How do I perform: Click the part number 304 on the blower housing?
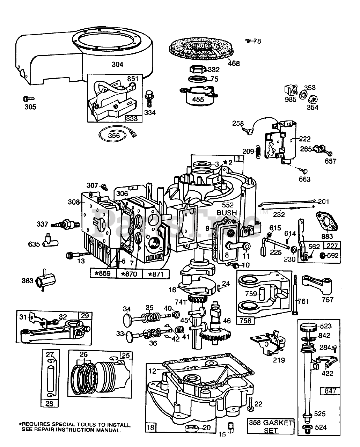coord(117,64)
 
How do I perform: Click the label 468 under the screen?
coord(234,63)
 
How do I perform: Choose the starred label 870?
coord(130,273)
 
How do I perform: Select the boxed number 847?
coord(330,390)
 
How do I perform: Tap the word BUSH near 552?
coord(227,213)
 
